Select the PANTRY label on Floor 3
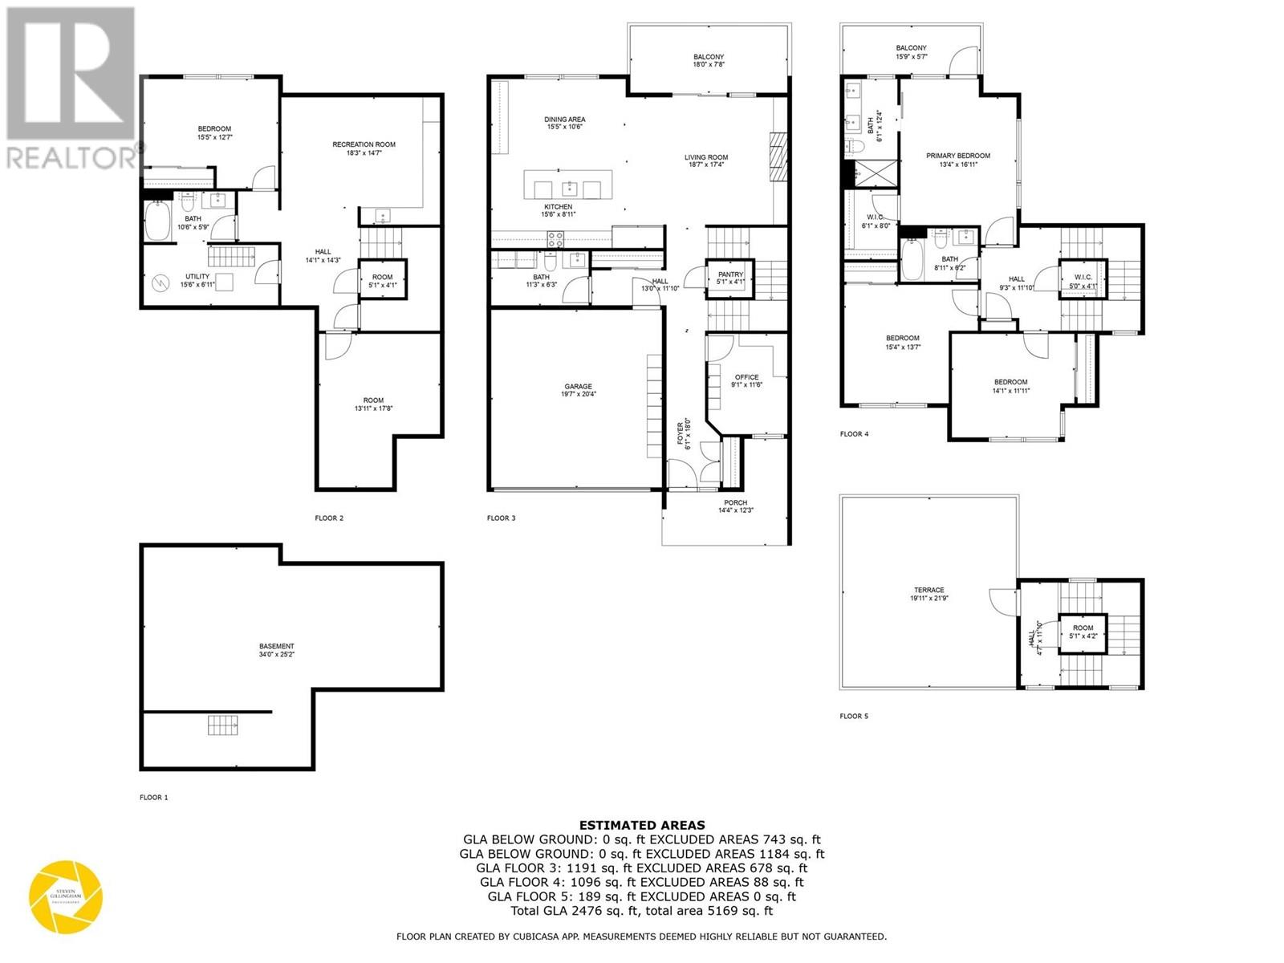point(730,275)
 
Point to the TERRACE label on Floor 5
point(928,590)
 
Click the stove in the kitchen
point(555,238)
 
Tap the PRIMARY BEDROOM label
point(957,156)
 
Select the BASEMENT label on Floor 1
point(276,646)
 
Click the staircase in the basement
point(223,725)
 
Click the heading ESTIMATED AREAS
point(642,824)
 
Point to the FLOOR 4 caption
point(854,434)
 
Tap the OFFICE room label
point(746,377)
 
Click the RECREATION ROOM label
point(364,144)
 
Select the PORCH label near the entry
point(735,503)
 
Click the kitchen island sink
point(569,189)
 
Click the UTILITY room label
point(197,276)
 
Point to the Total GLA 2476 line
point(642,911)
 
